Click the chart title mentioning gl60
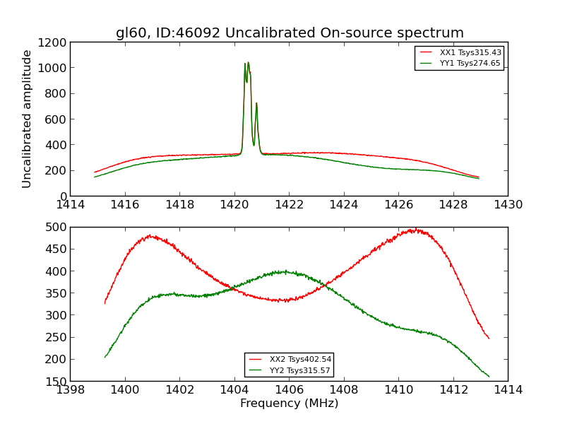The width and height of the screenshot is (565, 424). pos(290,33)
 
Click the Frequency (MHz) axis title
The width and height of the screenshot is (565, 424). pos(289,404)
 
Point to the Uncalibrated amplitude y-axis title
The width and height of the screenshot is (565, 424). pos(28,119)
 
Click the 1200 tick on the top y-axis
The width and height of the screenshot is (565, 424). pos(54,42)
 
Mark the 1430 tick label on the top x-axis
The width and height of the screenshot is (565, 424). pos(508,205)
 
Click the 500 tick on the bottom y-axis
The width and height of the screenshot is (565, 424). pos(57,228)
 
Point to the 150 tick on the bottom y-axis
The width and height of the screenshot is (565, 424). pos(57,382)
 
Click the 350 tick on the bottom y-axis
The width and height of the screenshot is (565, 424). pos(57,293)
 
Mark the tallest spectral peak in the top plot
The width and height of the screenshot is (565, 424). pos(248,63)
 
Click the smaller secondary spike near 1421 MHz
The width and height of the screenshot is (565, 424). pos(256,104)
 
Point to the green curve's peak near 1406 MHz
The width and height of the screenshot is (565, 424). pos(285,271)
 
